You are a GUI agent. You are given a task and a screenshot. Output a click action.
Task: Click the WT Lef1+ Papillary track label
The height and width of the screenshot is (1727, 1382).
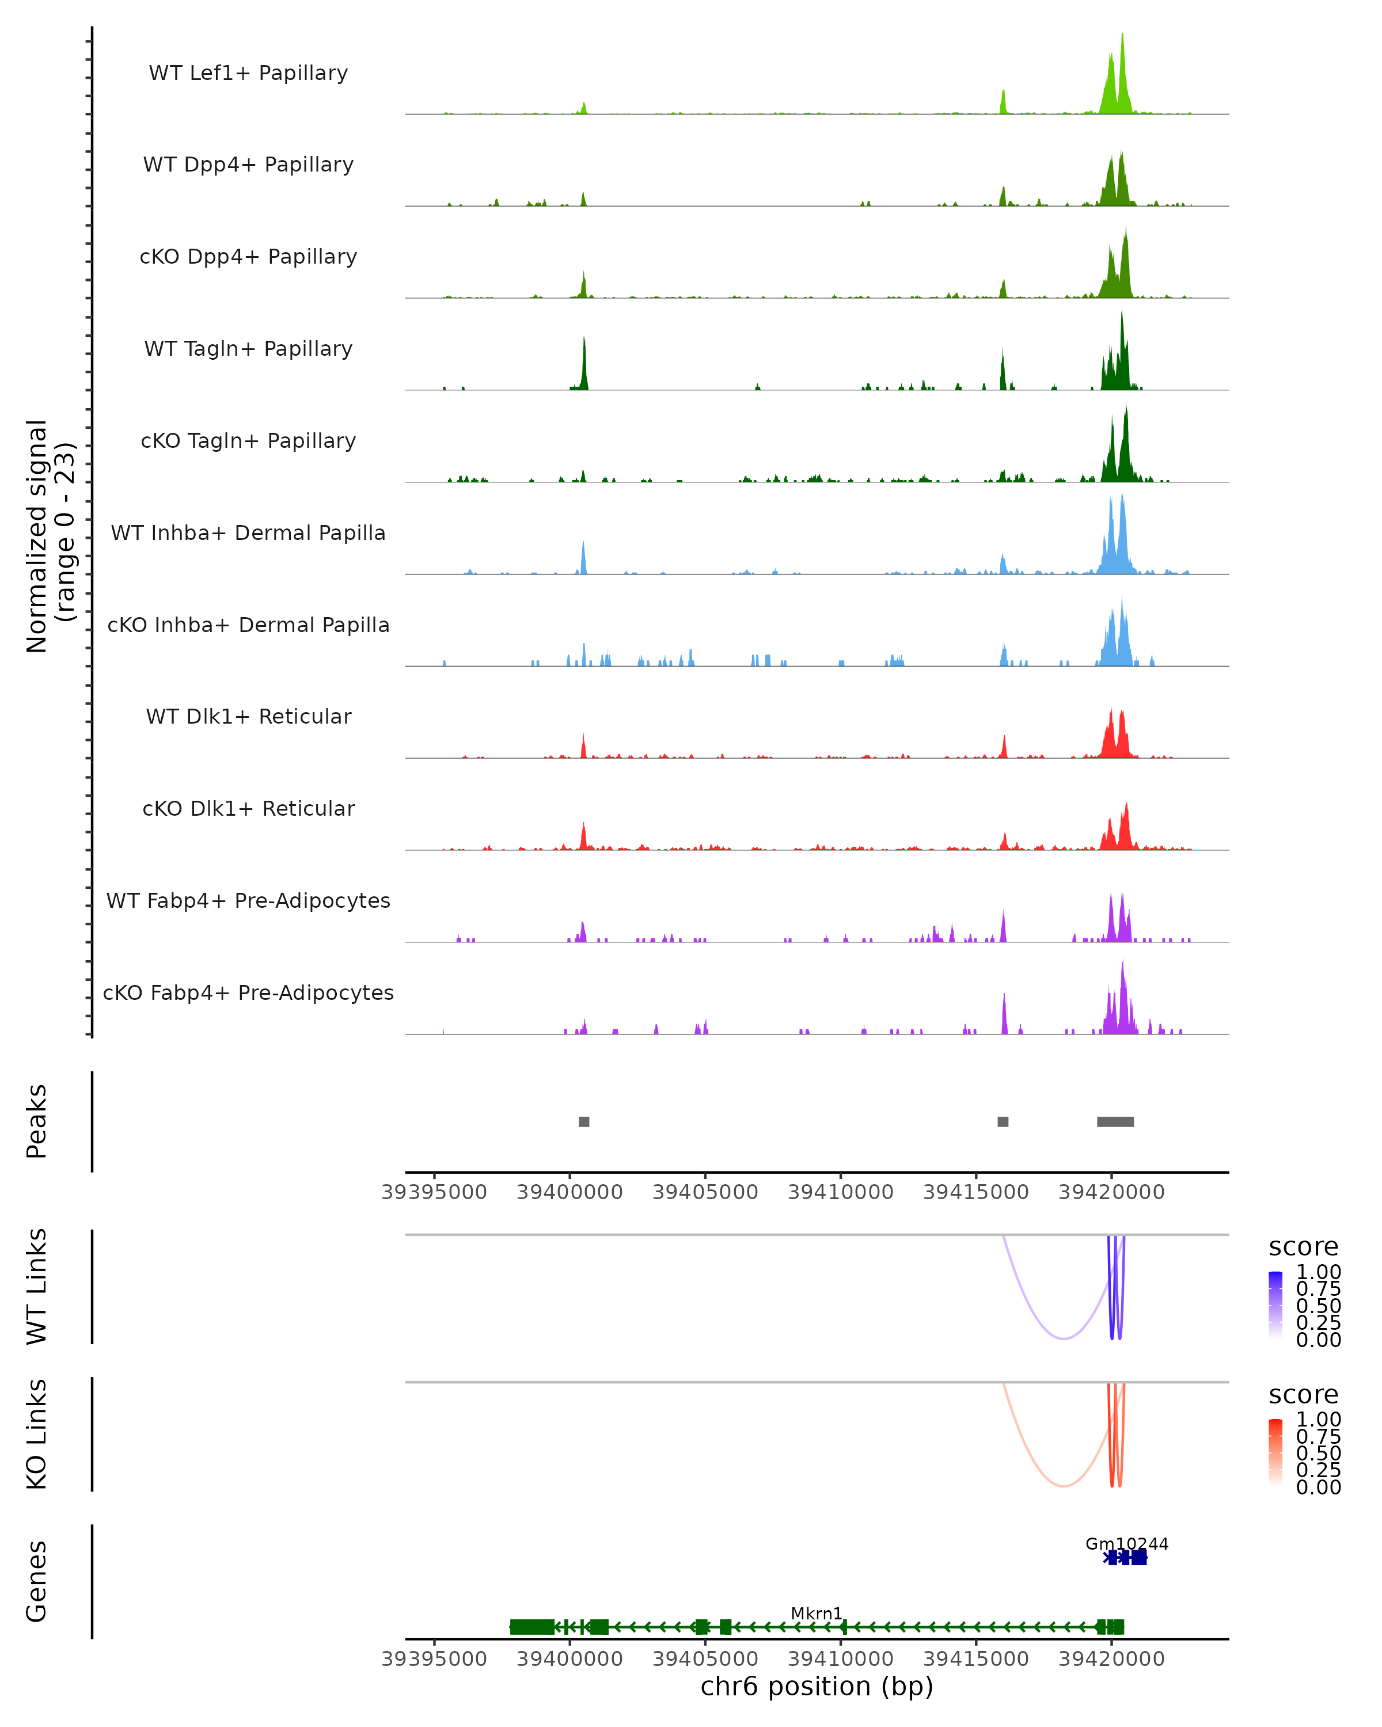pyautogui.click(x=248, y=73)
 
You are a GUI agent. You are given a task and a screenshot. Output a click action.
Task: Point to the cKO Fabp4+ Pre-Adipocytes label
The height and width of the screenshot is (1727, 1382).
pyautogui.click(x=248, y=992)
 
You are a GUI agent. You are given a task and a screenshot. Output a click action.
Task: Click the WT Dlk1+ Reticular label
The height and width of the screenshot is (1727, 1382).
pyautogui.click(x=248, y=716)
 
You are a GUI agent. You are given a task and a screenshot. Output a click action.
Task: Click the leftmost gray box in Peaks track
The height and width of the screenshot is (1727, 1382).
pyautogui.click(x=584, y=1121)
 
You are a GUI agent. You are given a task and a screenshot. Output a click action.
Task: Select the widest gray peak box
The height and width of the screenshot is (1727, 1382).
pyautogui.click(x=1115, y=1121)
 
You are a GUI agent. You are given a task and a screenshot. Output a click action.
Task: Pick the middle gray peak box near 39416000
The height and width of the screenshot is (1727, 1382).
pyautogui.click(x=1003, y=1121)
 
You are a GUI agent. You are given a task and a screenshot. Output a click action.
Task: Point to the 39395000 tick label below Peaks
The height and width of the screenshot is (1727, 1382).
pyautogui.click(x=434, y=1192)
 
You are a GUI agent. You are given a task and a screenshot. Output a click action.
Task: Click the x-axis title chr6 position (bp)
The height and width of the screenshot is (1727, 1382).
pyautogui.click(x=817, y=1686)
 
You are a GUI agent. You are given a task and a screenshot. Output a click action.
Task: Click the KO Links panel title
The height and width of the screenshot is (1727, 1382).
pyautogui.click(x=37, y=1434)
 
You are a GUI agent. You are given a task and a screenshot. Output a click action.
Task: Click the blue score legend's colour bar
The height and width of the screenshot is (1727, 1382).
pyautogui.click(x=1275, y=1305)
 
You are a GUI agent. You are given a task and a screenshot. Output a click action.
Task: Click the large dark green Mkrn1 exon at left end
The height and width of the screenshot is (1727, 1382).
pyautogui.click(x=533, y=1626)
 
